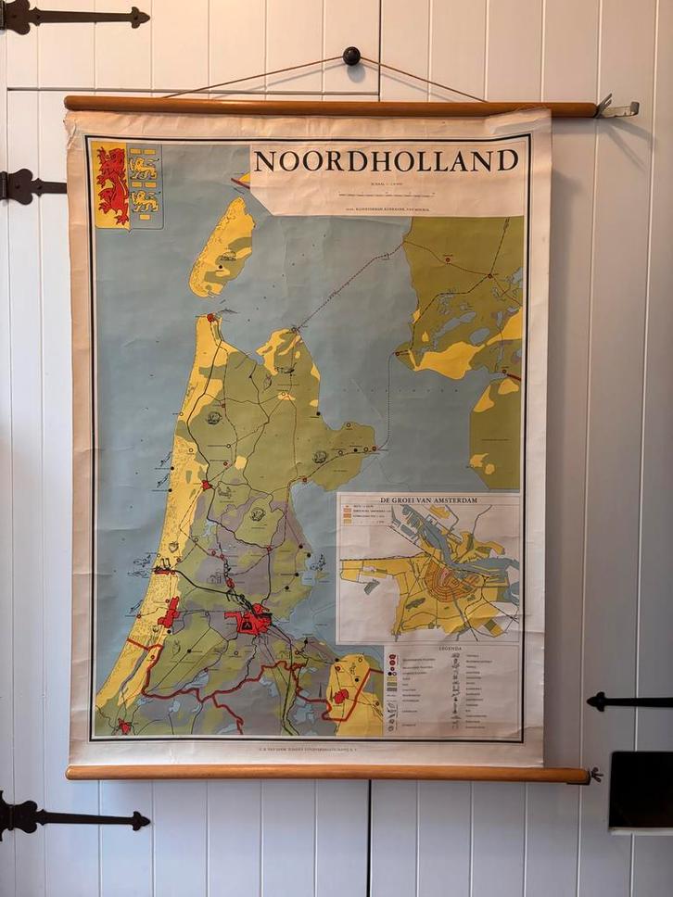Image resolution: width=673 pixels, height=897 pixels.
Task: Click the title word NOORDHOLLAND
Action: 386,161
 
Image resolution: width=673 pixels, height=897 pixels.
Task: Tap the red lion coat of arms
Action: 112,184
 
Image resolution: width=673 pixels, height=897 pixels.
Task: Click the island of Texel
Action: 222,246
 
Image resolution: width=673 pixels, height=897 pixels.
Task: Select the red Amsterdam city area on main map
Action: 248,619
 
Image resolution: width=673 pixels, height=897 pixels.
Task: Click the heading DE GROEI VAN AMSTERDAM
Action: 429,500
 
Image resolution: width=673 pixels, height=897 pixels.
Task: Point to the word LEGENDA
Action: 451,650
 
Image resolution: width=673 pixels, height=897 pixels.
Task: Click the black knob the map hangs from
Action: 351,56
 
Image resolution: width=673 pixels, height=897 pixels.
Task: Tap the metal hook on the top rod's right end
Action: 616,108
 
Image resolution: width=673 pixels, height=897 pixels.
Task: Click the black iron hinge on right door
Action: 630,701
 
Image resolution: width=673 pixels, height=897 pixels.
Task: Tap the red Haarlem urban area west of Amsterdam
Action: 169,613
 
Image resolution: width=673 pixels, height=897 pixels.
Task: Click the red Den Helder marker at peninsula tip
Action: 212,318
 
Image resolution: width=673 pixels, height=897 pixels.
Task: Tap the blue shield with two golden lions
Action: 144,184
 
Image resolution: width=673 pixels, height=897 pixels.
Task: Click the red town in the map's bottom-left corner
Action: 122,726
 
